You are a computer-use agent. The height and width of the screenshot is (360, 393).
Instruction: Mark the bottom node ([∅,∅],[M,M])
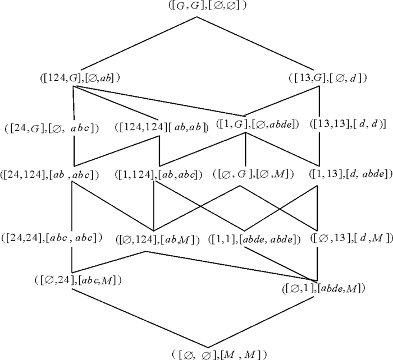(219, 354)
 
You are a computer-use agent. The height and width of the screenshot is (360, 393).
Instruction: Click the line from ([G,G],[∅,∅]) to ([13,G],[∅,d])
(258, 44)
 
